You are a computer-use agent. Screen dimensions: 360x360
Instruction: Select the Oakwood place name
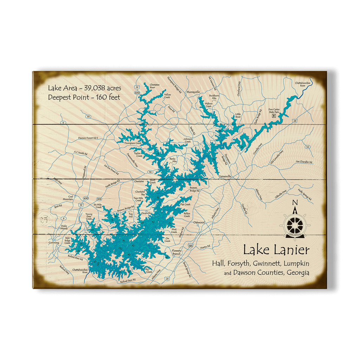pos(199,223)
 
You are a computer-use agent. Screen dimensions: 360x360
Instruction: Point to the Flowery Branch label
pos(176,252)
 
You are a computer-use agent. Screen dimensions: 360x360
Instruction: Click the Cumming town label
pos(54,243)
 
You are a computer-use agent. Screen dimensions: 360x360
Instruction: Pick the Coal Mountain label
pos(68,198)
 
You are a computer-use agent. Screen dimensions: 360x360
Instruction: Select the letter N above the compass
pos(295,202)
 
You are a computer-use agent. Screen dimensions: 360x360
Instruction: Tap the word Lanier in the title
pos(291,250)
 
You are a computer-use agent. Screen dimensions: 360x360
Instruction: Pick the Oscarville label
pos(146,213)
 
